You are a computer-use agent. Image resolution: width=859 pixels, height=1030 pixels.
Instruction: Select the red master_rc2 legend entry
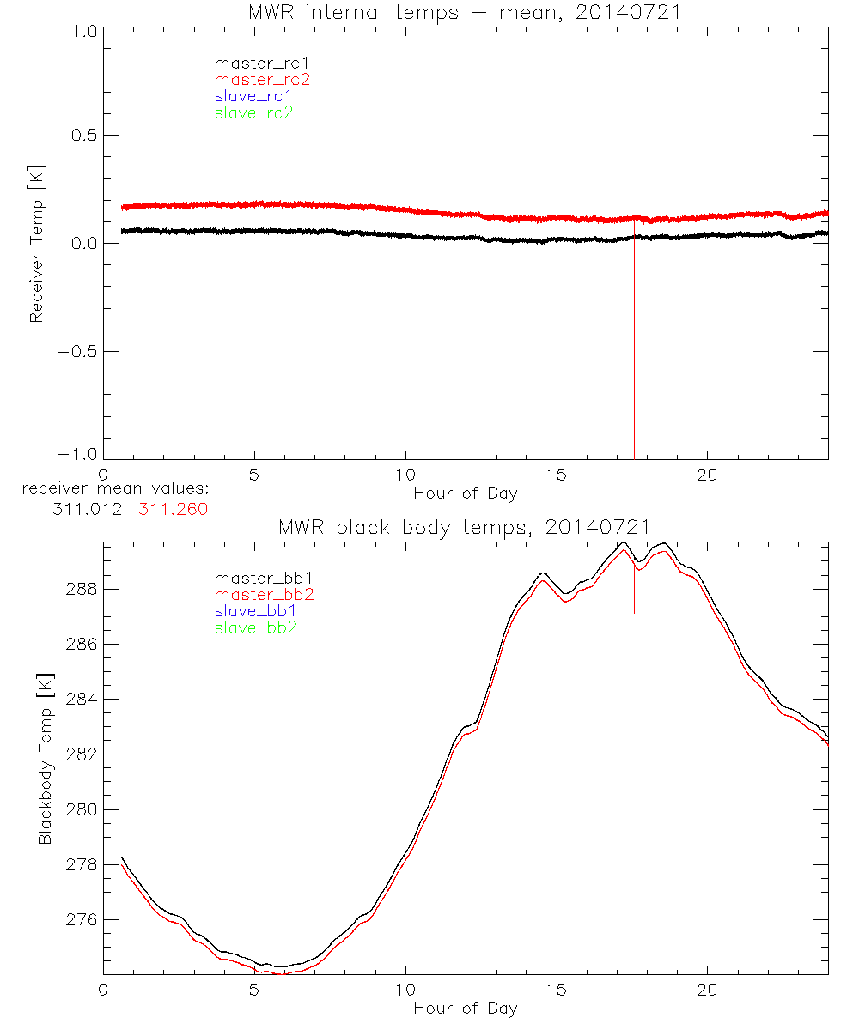tap(262, 80)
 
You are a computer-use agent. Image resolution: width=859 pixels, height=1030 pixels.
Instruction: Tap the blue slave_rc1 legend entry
tap(253, 96)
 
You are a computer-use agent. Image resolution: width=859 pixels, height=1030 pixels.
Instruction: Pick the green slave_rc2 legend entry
tap(253, 112)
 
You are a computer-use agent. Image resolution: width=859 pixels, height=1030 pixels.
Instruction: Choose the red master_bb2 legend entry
tap(265, 595)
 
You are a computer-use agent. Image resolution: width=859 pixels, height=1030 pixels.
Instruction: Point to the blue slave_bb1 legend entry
tap(255, 611)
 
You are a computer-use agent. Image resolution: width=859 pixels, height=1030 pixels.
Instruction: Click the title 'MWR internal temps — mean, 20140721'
tap(465, 12)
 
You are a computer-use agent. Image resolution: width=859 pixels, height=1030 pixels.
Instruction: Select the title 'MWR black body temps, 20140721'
tap(465, 526)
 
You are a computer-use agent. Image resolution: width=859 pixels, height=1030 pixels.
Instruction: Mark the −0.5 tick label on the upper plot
tap(77, 351)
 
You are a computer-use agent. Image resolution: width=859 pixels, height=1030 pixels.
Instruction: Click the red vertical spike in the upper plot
tap(634, 343)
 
